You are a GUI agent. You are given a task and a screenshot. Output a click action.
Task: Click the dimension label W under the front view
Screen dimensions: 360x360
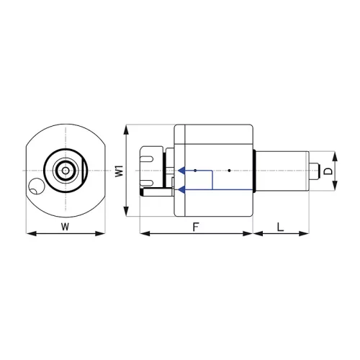click(65, 226)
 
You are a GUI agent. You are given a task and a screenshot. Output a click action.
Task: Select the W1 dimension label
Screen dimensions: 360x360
click(119, 171)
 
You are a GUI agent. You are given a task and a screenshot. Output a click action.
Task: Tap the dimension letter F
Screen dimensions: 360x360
click(196, 227)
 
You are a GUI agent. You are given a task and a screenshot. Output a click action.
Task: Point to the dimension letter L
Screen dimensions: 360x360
click(280, 227)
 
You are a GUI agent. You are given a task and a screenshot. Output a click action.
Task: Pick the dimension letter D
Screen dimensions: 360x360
click(328, 171)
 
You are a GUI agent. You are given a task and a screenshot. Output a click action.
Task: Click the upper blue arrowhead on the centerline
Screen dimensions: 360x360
click(181, 171)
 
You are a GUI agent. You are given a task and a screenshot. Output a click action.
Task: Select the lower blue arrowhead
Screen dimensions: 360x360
click(181, 189)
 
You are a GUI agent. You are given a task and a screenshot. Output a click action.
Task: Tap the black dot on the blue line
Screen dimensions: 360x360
click(195, 171)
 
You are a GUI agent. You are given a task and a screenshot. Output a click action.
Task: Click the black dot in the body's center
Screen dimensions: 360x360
click(229, 171)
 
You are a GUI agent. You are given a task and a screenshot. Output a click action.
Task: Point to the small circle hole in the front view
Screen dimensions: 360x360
click(36, 186)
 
